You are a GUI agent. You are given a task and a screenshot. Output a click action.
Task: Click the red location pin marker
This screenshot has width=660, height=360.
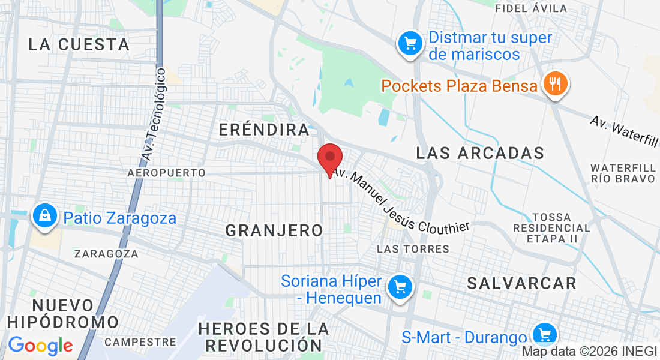click(329, 158)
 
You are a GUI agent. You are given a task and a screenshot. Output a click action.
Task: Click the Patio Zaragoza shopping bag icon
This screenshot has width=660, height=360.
click(44, 216)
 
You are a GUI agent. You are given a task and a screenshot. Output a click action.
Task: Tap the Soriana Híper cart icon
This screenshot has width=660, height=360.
click(399, 287)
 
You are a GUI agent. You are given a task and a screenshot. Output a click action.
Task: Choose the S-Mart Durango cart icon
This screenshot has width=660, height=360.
click(545, 334)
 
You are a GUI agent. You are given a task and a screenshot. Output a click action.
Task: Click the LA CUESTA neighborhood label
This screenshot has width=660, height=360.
click(79, 44)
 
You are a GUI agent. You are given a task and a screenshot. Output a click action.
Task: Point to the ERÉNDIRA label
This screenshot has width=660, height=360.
click(264, 130)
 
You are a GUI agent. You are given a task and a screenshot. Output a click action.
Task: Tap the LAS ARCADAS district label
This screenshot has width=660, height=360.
click(480, 153)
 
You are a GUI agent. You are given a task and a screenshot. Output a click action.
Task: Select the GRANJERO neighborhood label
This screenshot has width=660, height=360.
click(274, 230)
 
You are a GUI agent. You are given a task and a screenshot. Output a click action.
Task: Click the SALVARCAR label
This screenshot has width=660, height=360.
click(521, 283)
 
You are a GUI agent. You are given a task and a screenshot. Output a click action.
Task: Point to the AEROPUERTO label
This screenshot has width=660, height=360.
click(166, 173)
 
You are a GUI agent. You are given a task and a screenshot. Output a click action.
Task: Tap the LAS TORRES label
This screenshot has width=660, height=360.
click(413, 248)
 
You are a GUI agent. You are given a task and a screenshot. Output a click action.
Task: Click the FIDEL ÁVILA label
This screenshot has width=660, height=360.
click(531, 8)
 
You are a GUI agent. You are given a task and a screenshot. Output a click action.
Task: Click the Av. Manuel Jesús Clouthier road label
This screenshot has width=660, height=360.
click(401, 201)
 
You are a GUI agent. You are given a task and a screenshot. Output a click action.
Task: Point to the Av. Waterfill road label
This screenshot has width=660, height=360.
click(624, 130)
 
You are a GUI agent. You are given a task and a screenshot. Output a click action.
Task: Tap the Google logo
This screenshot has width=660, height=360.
click(40, 346)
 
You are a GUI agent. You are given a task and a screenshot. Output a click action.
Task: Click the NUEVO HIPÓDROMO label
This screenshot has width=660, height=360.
click(63, 313)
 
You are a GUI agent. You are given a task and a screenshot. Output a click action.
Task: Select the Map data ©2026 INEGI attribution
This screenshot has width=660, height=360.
click(589, 352)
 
